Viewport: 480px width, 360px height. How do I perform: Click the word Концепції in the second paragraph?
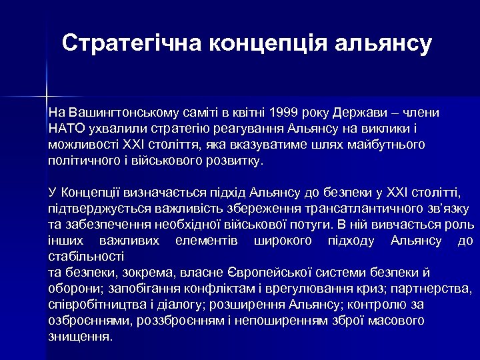click(89, 194)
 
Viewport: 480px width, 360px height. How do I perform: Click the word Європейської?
click(301, 272)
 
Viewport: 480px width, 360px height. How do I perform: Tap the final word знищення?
click(79, 336)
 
